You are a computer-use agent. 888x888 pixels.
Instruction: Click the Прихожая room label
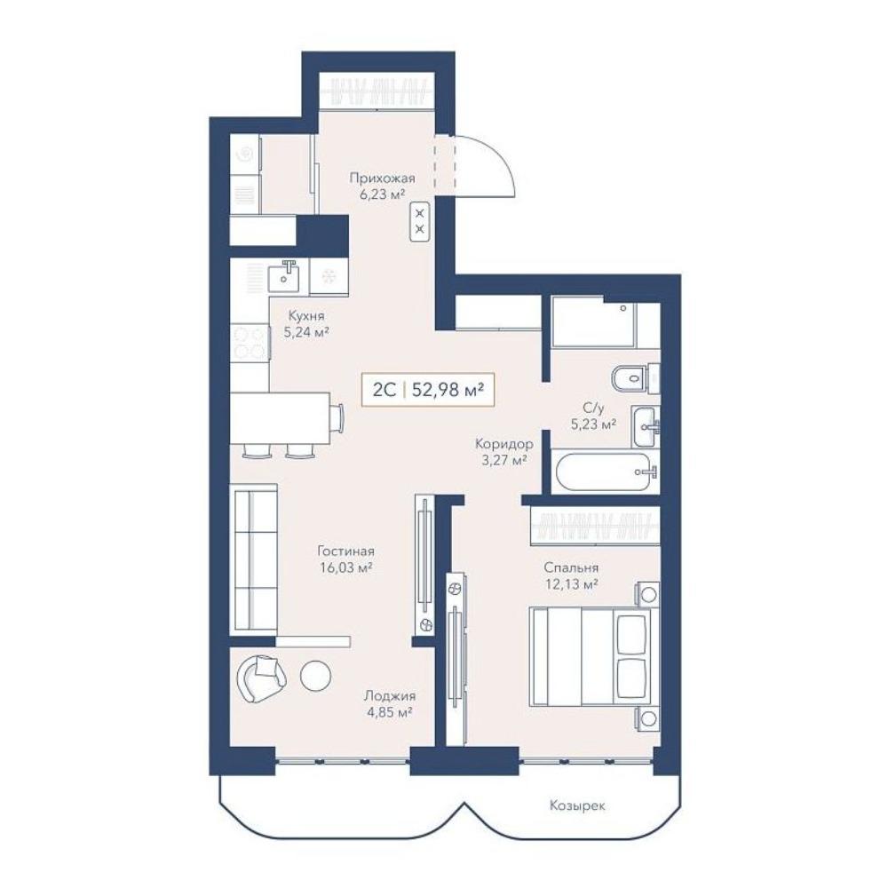point(382,178)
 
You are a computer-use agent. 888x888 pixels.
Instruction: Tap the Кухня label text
point(306,316)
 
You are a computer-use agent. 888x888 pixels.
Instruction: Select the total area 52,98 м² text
point(448,390)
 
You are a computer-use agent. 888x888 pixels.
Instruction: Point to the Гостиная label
point(345,551)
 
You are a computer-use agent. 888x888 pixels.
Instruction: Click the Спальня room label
point(571,567)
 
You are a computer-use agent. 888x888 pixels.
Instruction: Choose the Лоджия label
point(390,696)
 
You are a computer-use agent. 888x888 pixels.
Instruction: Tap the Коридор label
point(504,443)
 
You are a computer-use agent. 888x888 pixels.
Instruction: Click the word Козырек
point(577,805)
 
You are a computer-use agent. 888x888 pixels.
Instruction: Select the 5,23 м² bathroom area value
point(593,424)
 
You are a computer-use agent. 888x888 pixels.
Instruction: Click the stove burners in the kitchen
point(250,342)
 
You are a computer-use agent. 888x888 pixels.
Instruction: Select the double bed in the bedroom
point(594,657)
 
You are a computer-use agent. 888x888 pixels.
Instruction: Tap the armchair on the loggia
point(262,678)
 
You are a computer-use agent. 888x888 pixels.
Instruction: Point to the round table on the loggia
point(315,676)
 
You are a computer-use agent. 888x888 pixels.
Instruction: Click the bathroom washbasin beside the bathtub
point(645,426)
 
